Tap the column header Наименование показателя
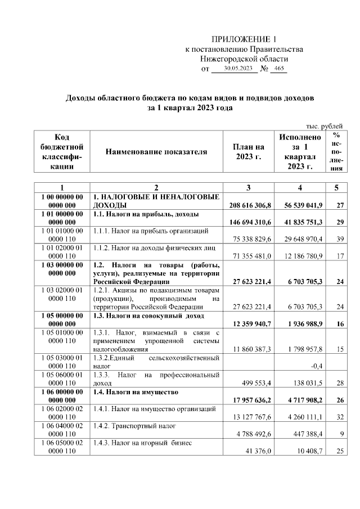tap(156, 152)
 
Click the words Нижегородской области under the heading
tap(244, 58)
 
